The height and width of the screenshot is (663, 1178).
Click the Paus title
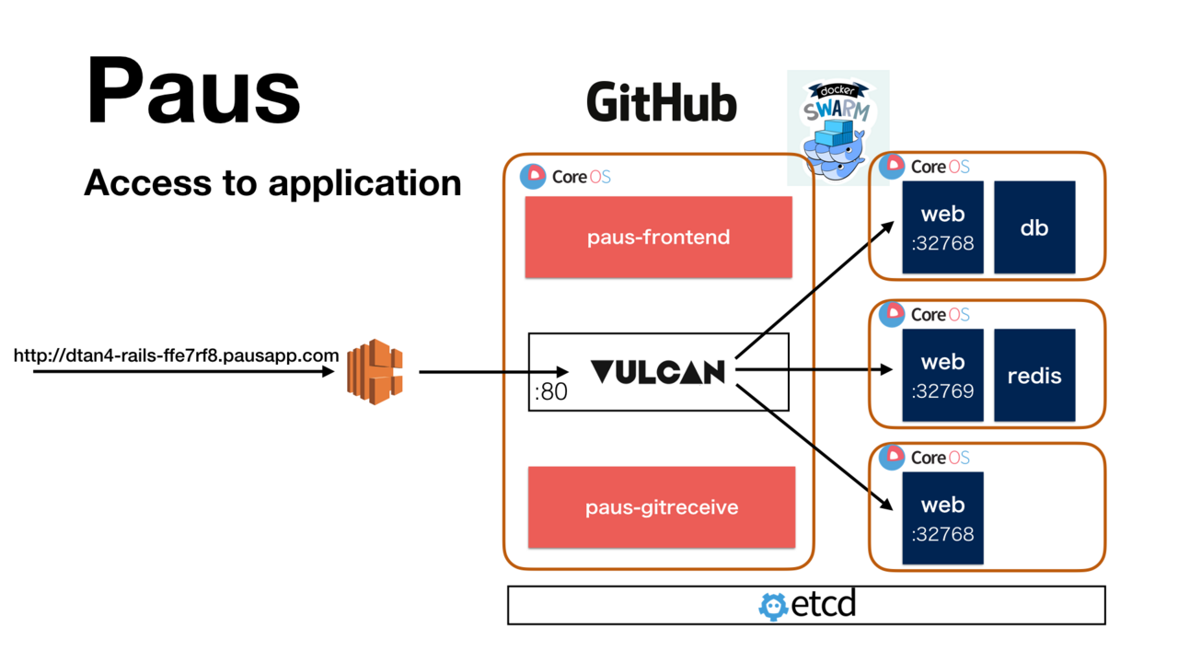click(x=193, y=92)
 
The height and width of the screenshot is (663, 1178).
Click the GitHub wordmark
click(x=661, y=103)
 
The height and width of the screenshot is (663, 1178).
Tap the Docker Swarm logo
click(x=837, y=127)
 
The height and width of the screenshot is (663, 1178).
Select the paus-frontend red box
click(x=658, y=237)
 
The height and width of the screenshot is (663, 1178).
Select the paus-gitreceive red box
click(x=661, y=507)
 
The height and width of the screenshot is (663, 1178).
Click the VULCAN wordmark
click(x=657, y=372)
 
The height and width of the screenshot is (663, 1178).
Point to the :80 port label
click(x=550, y=392)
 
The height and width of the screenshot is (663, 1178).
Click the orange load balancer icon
click(x=375, y=372)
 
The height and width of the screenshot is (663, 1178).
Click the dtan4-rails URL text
click(x=176, y=355)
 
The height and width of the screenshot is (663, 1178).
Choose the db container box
click(x=1034, y=227)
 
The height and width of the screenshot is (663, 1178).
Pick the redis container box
click(x=1034, y=376)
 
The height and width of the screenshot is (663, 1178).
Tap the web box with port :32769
click(x=942, y=376)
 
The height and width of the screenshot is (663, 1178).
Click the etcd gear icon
click(x=773, y=606)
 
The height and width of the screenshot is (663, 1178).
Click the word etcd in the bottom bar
click(x=824, y=605)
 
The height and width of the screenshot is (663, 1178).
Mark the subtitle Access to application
click(x=272, y=183)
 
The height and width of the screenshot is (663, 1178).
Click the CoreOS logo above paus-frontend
click(x=565, y=176)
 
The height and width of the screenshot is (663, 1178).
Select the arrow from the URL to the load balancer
click(x=184, y=372)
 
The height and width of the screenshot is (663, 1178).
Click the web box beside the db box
click(x=942, y=227)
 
